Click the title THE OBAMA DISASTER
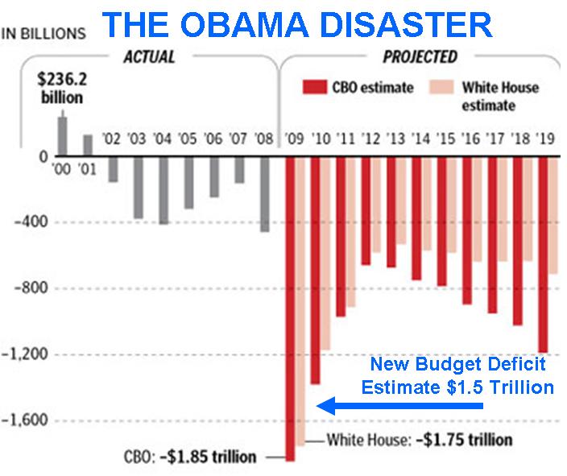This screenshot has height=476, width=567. click(x=297, y=24)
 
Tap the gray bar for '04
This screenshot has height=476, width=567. click(x=163, y=190)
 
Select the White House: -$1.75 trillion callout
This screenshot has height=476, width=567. click(x=419, y=441)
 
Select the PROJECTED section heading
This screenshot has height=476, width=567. click(x=420, y=58)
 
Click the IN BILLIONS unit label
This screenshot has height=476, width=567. click(x=45, y=35)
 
